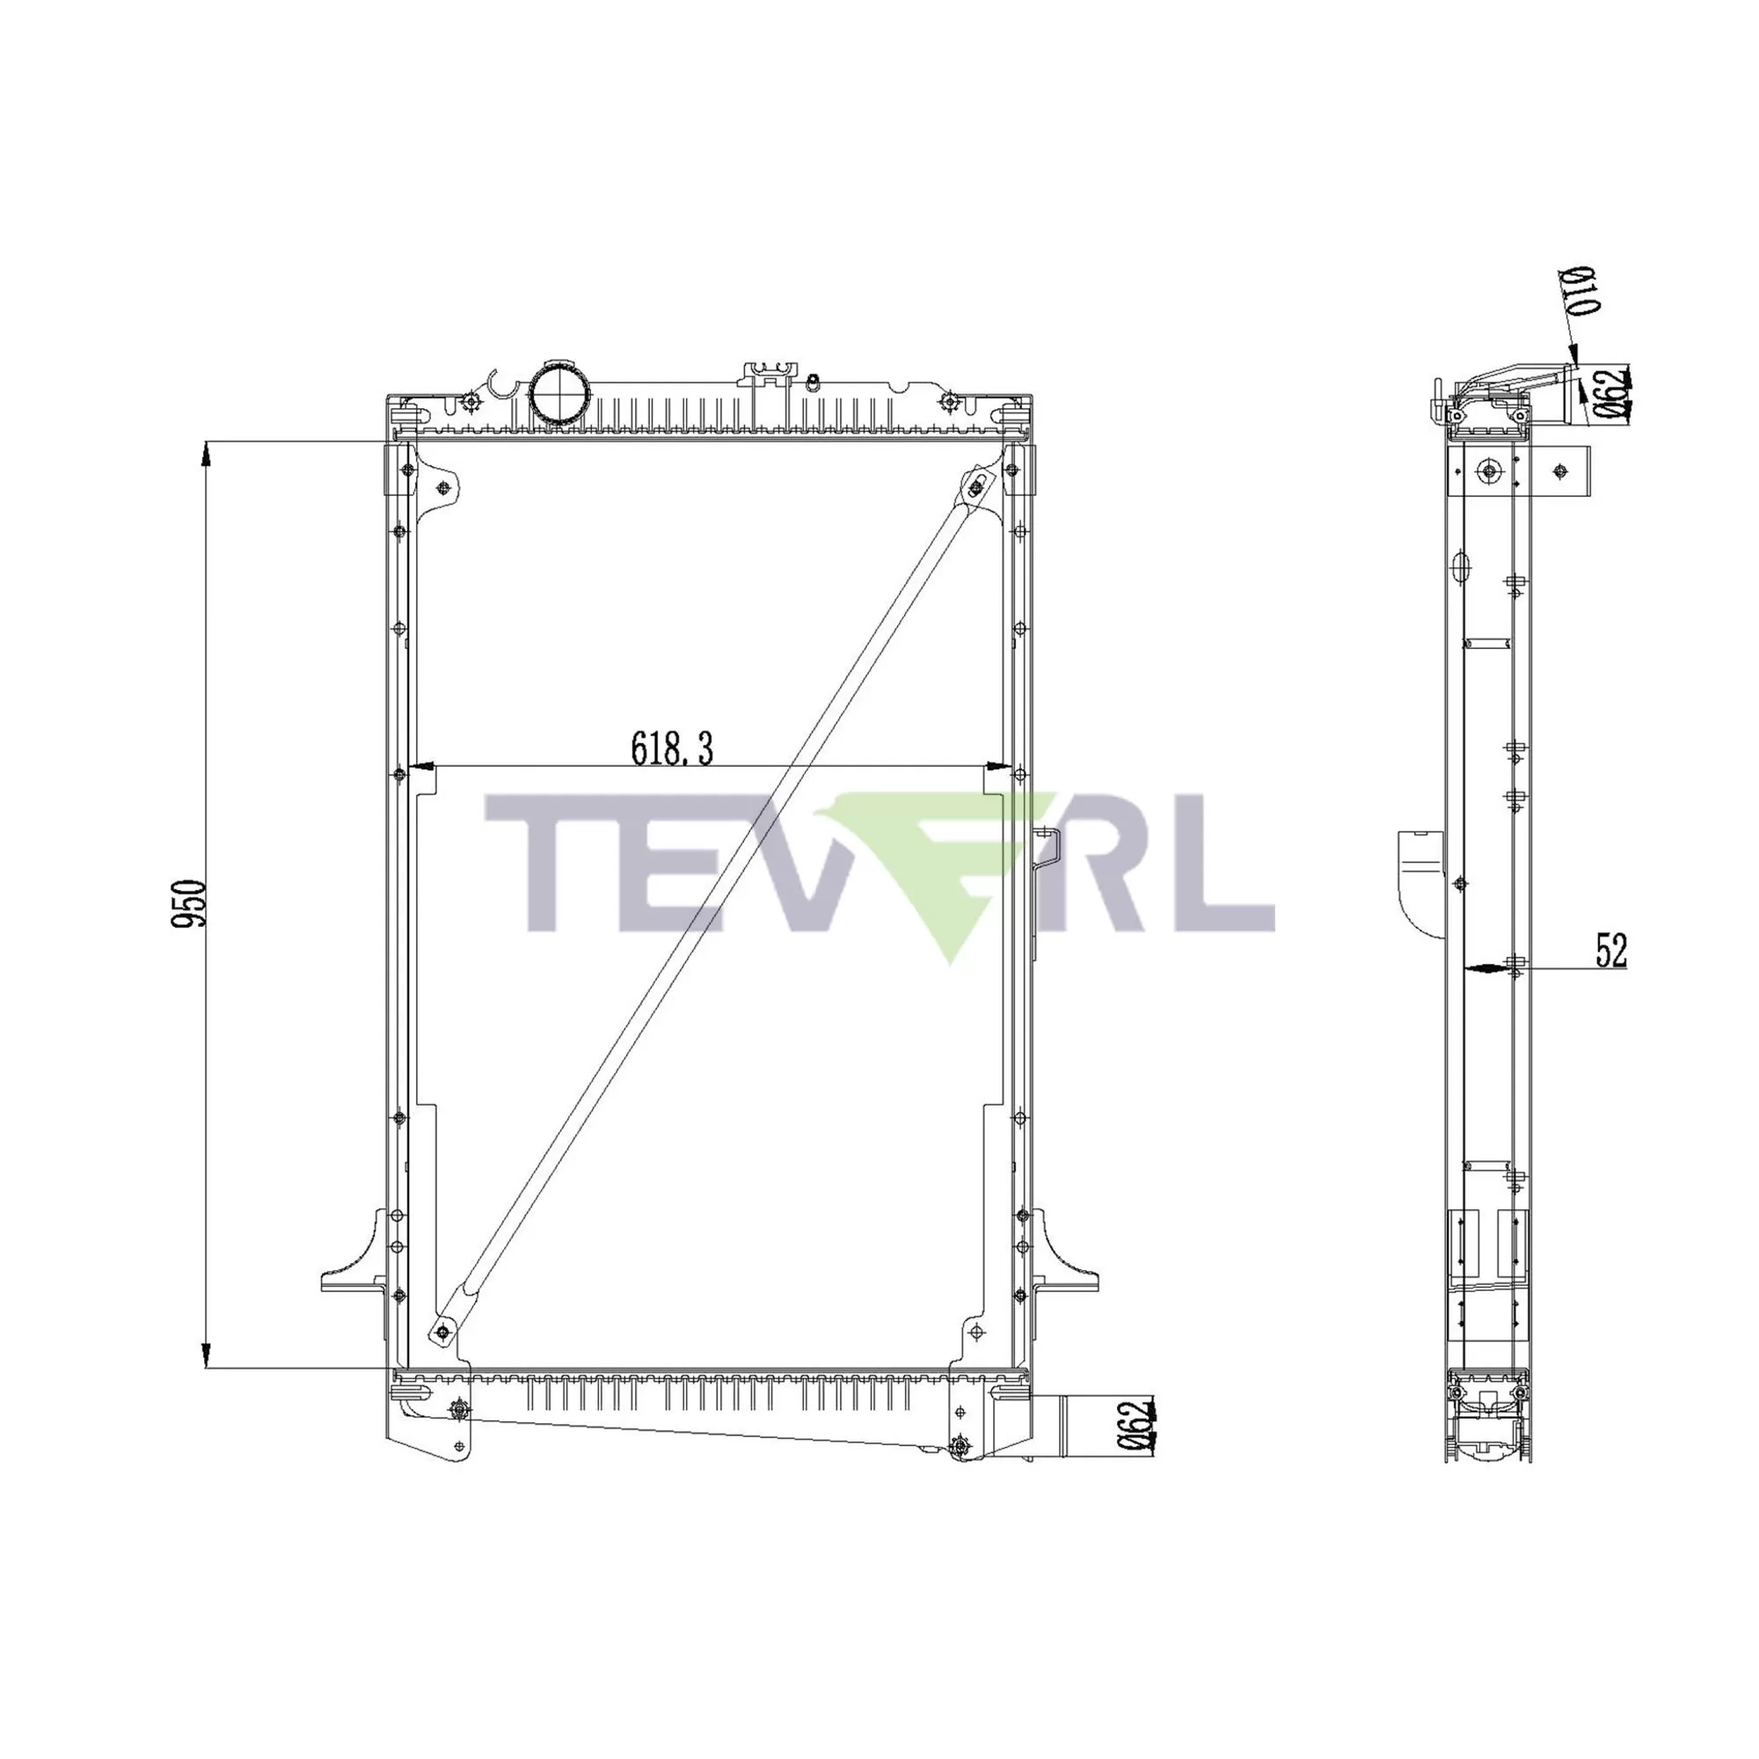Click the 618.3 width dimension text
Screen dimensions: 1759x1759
click(672, 748)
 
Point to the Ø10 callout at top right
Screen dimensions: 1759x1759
click(1582, 290)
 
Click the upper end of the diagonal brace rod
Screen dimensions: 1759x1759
click(976, 488)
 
